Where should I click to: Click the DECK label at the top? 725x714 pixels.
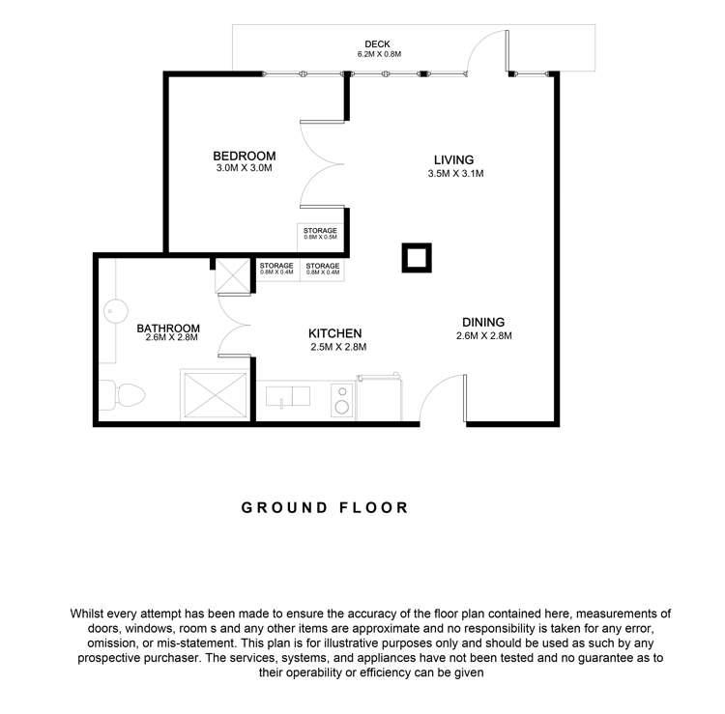(377, 43)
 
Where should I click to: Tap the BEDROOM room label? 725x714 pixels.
(245, 156)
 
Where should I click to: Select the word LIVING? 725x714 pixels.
(453, 160)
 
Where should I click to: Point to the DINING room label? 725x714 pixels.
(482, 323)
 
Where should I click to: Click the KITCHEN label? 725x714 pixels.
(335, 333)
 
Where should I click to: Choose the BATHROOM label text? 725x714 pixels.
(168, 328)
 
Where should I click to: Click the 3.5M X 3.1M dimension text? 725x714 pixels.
(454, 174)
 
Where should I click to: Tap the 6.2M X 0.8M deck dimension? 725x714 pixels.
(377, 54)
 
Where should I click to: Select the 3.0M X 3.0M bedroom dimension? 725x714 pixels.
(245, 168)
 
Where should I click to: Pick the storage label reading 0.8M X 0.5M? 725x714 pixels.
(320, 236)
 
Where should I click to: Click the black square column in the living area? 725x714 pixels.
(417, 259)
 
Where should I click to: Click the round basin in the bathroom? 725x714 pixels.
(114, 311)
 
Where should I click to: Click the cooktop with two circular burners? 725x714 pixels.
(341, 398)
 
